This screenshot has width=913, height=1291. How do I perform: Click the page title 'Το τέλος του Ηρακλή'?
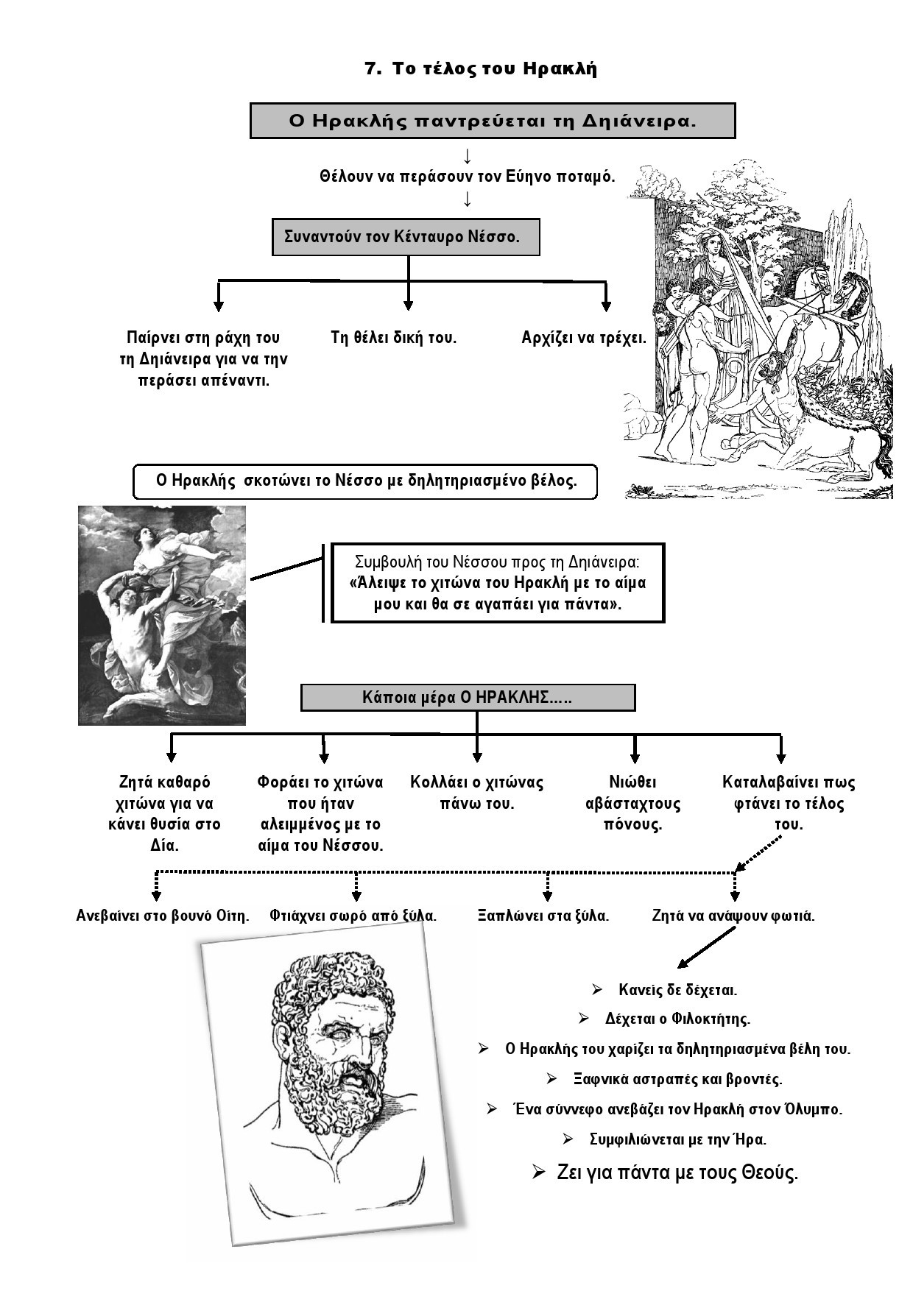[x=494, y=69]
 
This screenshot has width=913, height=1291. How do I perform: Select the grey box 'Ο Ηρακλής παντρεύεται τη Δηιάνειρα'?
[x=493, y=121]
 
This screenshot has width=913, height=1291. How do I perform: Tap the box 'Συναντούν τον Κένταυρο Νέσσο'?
[x=406, y=237]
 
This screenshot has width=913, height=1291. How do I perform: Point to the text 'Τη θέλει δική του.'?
[x=394, y=338]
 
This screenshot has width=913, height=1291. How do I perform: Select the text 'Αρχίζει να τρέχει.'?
[x=584, y=338]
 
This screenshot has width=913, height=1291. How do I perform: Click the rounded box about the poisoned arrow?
[x=365, y=481]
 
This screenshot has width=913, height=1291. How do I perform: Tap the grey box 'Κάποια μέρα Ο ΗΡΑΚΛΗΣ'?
[x=468, y=697]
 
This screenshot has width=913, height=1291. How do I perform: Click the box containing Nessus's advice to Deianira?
[x=498, y=583]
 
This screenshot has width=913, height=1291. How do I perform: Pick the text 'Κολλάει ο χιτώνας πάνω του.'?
[x=476, y=793]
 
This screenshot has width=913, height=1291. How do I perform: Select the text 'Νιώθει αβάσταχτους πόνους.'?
[x=633, y=803]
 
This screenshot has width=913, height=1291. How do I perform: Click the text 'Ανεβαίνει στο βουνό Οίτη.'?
[x=163, y=916]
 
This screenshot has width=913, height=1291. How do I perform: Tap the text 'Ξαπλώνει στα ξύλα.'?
[x=543, y=916]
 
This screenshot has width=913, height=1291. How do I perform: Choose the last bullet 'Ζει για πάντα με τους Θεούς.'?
[x=677, y=1172]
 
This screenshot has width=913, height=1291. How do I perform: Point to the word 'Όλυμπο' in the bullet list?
[x=812, y=1108]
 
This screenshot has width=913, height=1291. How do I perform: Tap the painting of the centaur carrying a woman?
[x=162, y=615]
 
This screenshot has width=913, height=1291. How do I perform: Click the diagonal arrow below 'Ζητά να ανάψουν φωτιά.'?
[x=706, y=948]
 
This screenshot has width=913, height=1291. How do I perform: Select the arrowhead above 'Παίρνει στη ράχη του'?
[x=219, y=305]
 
